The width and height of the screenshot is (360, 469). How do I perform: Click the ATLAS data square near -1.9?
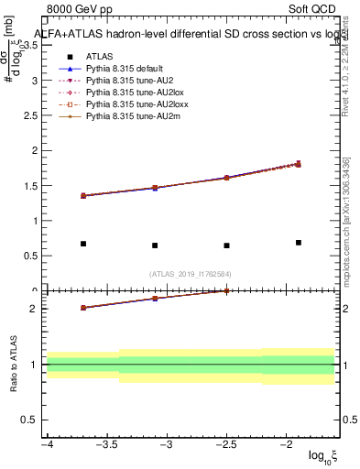tap(298, 243)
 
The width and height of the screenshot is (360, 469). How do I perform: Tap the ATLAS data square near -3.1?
tap(155, 245)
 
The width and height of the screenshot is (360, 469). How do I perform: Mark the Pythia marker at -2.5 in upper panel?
tap(226, 178)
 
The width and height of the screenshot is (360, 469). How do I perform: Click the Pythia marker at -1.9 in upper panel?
tap(298, 164)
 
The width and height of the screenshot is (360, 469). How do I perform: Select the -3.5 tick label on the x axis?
tap(107, 445)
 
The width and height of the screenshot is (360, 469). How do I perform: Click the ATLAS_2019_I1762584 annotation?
tap(191, 273)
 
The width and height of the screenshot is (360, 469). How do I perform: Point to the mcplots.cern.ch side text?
tap(349, 247)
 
